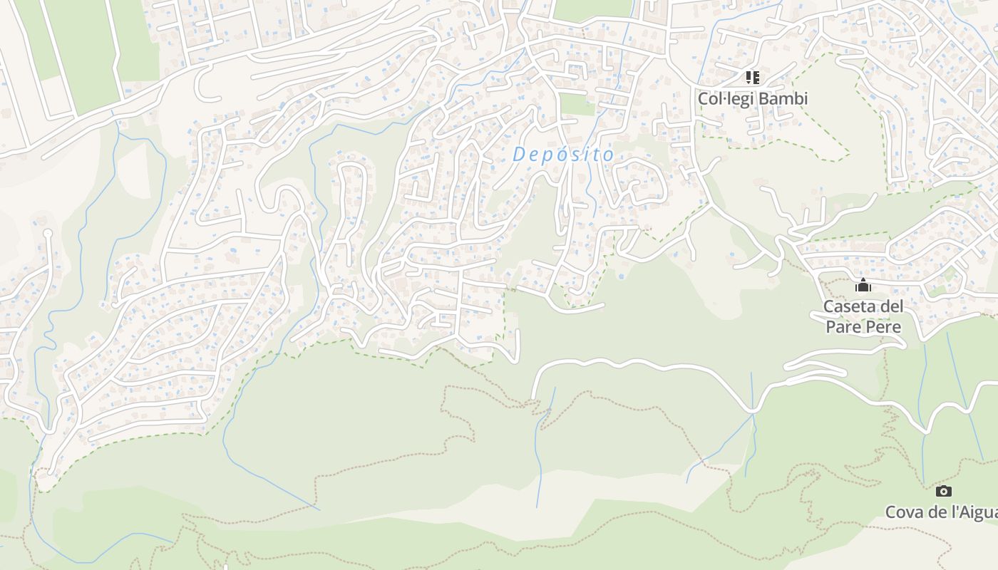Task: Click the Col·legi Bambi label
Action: click(753, 98)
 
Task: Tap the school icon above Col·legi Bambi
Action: click(753, 77)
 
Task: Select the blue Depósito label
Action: click(563, 154)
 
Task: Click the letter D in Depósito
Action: click(518, 153)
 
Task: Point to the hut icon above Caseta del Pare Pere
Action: click(863, 286)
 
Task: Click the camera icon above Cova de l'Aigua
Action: click(943, 491)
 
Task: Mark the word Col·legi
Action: click(725, 98)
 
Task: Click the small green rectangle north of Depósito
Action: click(577, 105)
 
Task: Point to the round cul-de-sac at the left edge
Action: click(48, 233)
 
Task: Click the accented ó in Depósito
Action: click(557, 153)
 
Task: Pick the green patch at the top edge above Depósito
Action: click(593, 9)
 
